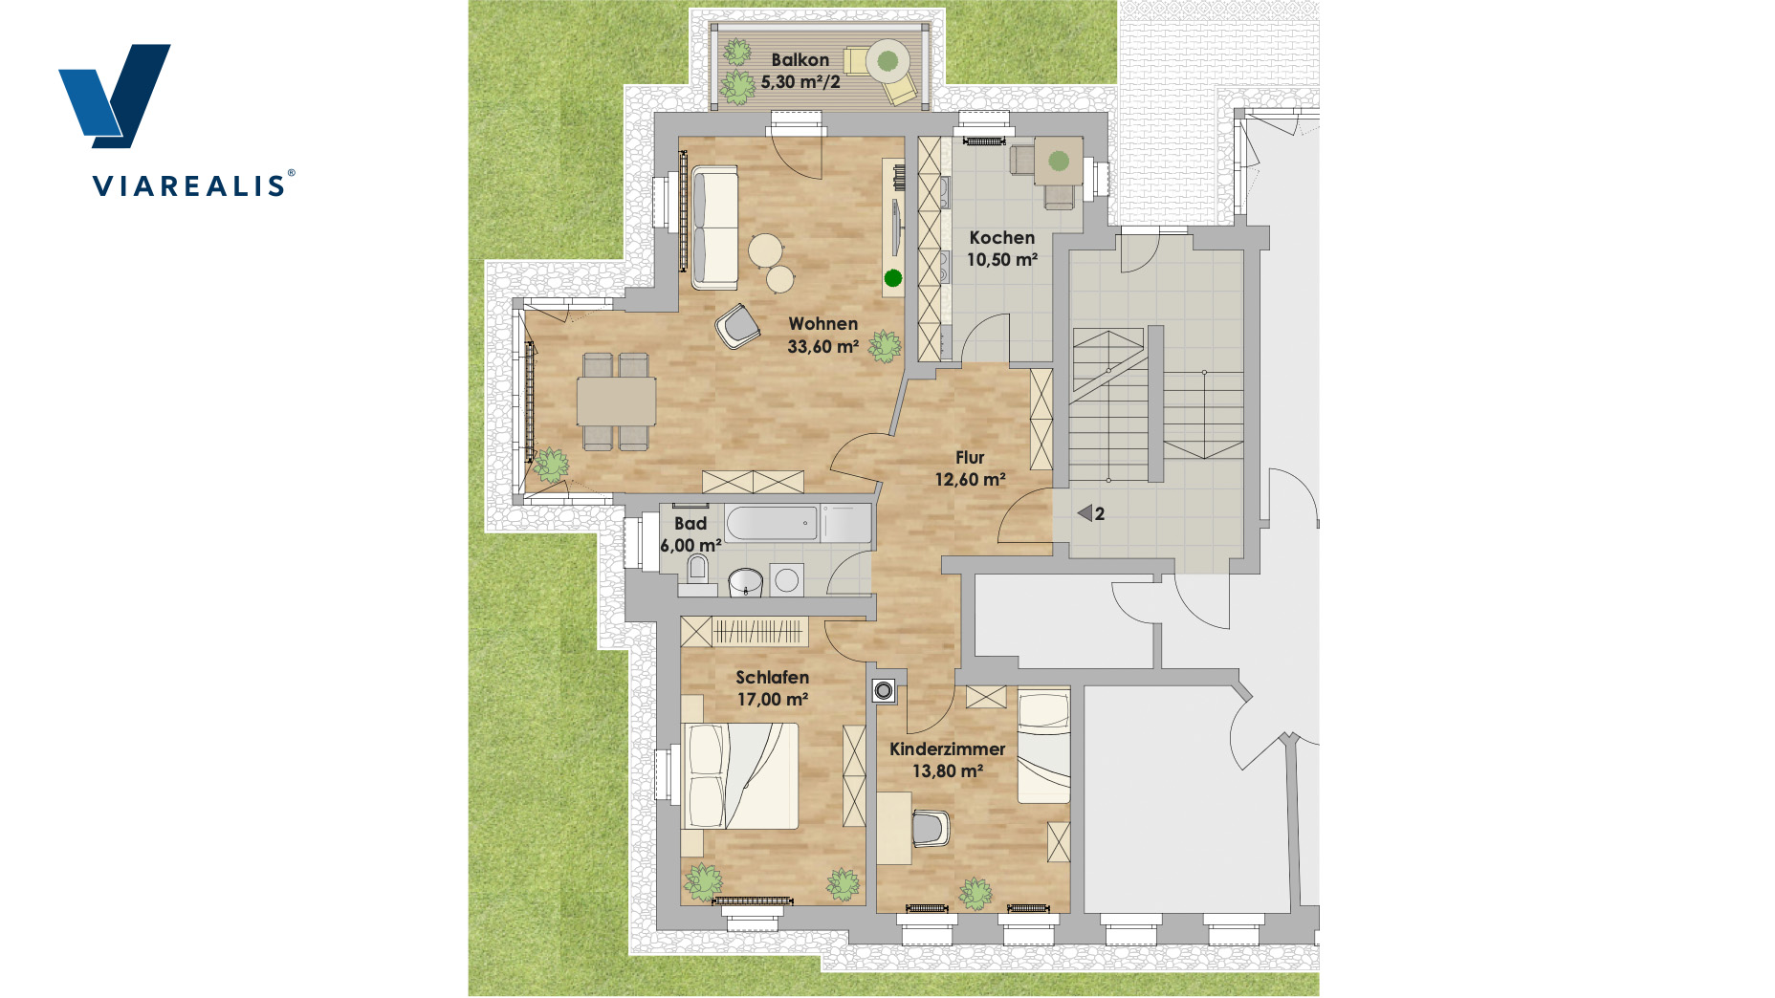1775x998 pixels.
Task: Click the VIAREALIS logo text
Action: click(x=190, y=185)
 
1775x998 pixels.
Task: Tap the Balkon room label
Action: click(x=800, y=60)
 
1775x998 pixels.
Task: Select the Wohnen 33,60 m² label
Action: click(x=823, y=336)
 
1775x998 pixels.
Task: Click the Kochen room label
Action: click(x=1002, y=238)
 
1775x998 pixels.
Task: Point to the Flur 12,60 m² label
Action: click(x=970, y=468)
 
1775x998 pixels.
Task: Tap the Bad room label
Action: click(x=690, y=524)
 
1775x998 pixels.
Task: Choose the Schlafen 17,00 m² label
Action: click(x=773, y=688)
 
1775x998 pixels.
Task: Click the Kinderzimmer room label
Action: click(x=947, y=749)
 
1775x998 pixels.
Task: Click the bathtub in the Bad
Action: click(x=772, y=523)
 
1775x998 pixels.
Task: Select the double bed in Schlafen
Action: click(x=740, y=776)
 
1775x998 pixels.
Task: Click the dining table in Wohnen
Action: click(x=616, y=401)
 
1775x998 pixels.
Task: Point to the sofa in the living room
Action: click(x=714, y=228)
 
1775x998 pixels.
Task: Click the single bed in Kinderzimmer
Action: click(x=1043, y=746)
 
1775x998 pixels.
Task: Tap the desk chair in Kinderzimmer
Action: click(x=931, y=828)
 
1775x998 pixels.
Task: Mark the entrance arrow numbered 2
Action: click(x=1085, y=513)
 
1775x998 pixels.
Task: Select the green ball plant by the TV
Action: click(x=893, y=278)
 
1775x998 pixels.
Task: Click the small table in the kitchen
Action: click(x=1058, y=161)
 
